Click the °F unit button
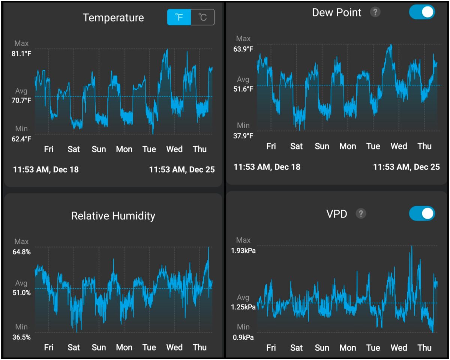pos(179,18)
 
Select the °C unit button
pos(202,18)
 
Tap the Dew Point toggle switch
pos(422,12)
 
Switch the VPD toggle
pos(422,214)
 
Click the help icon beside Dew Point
pos(375,12)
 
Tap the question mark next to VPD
pos(361,214)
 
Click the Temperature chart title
pos(113,18)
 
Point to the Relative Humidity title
pos(113,216)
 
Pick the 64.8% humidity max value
pos(22,252)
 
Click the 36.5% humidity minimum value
pos(22,337)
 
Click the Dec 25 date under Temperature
pos(182,169)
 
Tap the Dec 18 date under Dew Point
pos(267,167)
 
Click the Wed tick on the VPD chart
pos(399,348)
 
